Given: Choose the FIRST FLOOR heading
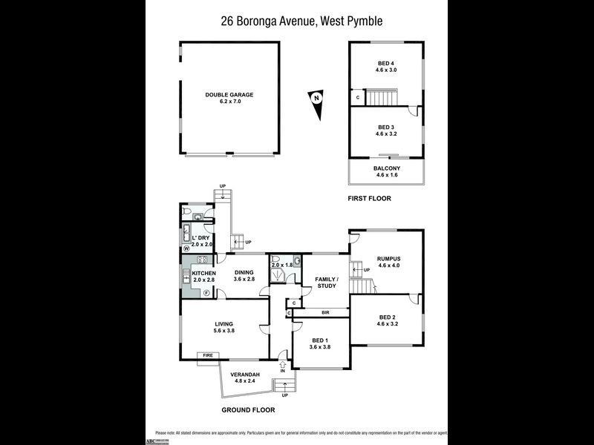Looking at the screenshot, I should coord(370,199).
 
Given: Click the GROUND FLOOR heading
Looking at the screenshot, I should coord(248,409).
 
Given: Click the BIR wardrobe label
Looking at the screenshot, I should coord(325,312).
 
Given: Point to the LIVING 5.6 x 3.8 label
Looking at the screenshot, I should coord(224,327).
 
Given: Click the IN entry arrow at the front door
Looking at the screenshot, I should coord(282,366).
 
